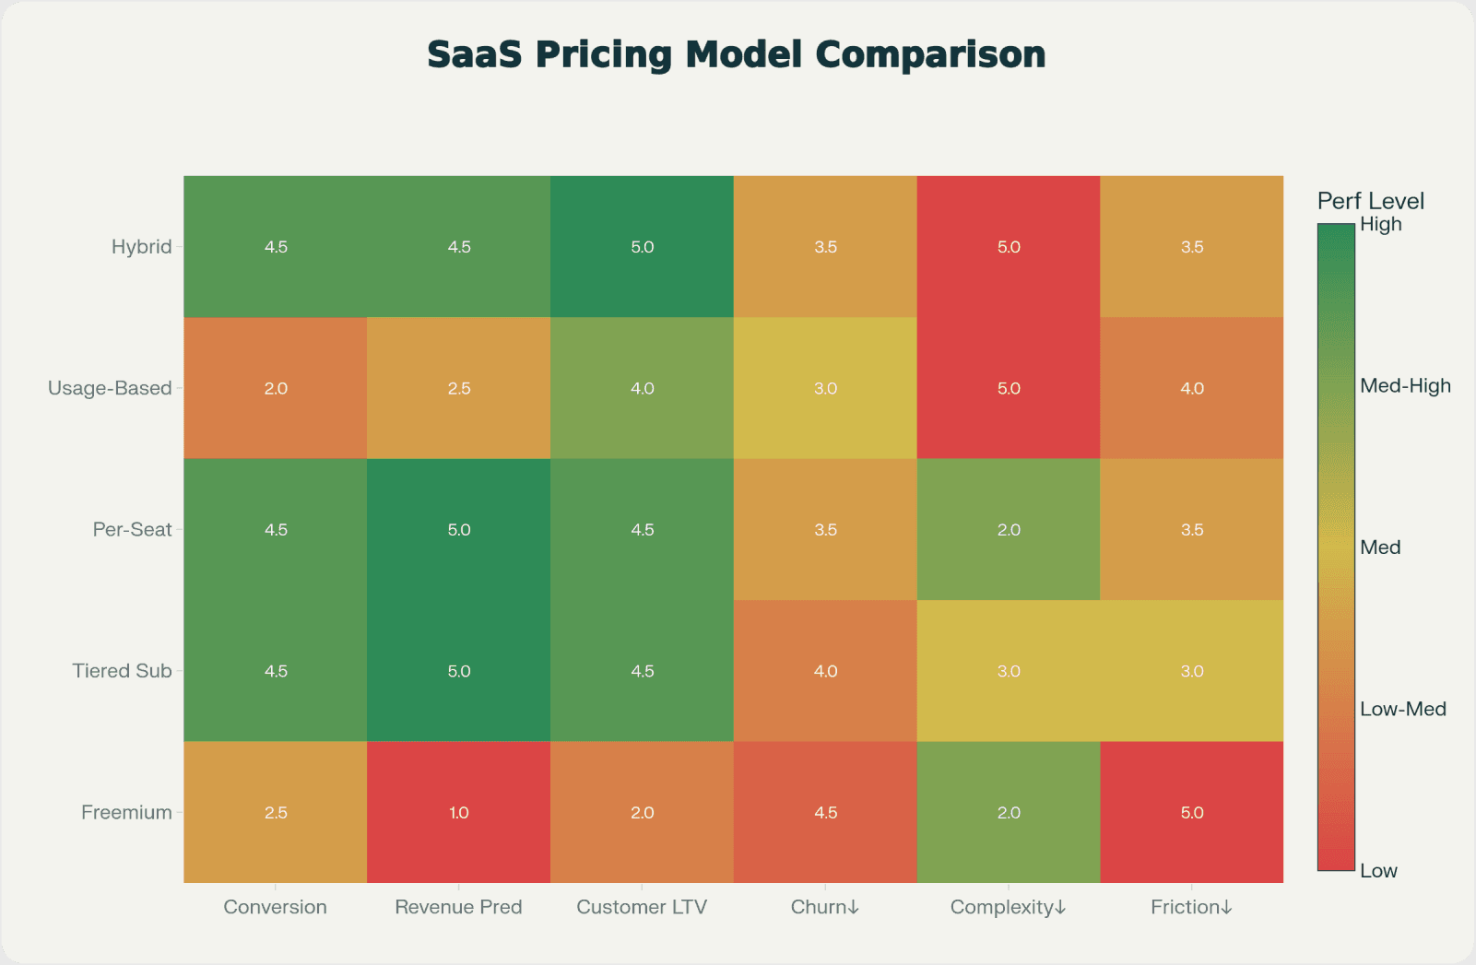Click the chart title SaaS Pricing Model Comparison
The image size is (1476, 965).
[736, 54]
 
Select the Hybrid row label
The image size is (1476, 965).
[141, 247]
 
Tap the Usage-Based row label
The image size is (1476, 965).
[110, 388]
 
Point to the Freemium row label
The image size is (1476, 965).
[126, 813]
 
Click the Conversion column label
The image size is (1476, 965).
[275, 907]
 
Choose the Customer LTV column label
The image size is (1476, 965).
[642, 907]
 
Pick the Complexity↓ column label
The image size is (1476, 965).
[1008, 907]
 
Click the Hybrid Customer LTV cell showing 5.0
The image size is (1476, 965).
[642, 247]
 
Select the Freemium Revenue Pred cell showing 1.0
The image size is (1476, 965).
[458, 813]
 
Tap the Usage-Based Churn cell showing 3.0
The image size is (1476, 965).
[825, 388]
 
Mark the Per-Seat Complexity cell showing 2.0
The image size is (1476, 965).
[1009, 530]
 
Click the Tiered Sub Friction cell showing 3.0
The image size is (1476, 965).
[1191, 671]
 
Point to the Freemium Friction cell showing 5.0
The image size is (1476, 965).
[1191, 813]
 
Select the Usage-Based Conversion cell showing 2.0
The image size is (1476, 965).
[276, 388]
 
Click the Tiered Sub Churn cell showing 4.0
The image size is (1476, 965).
[825, 671]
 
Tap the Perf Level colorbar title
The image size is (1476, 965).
[1370, 201]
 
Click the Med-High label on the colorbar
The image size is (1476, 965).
[1404, 386]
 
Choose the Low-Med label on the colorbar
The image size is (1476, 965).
[1402, 710]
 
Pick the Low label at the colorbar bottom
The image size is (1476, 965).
[1378, 871]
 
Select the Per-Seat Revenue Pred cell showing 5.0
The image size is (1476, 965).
[458, 530]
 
